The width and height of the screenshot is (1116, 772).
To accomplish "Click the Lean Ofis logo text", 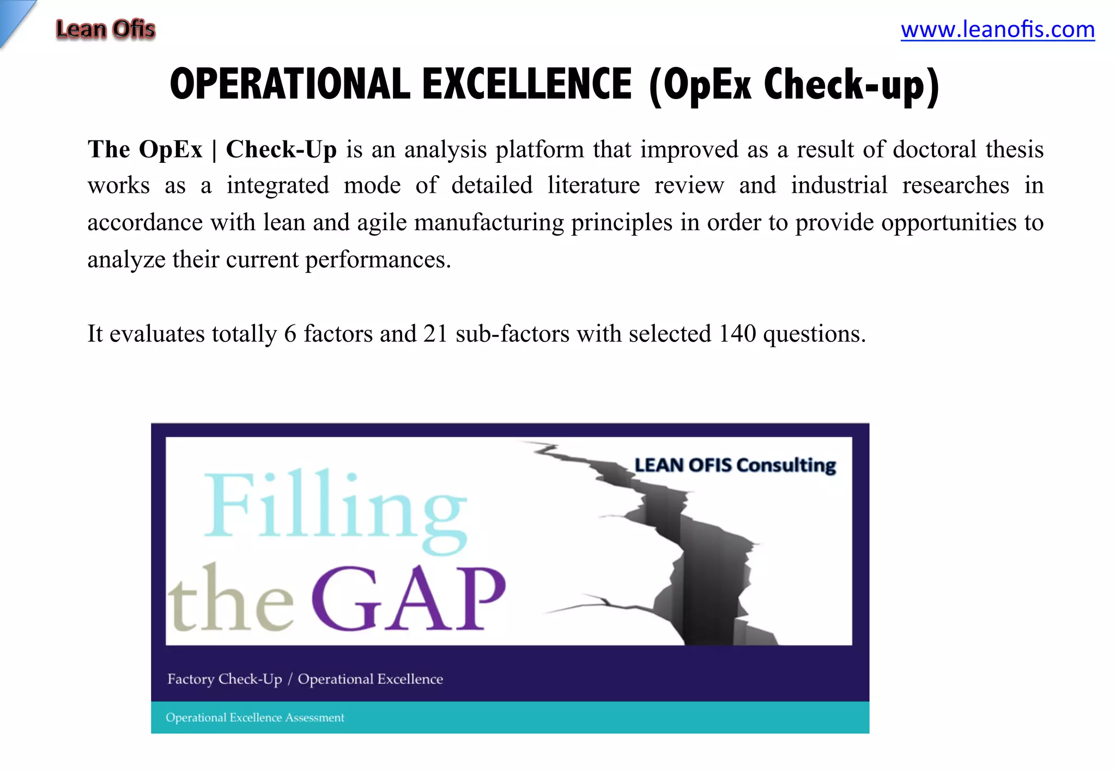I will (105, 29).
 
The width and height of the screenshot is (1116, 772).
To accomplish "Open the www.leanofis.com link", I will (997, 29).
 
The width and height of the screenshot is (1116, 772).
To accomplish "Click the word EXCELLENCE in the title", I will (527, 85).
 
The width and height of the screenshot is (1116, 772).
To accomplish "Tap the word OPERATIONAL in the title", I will (290, 85).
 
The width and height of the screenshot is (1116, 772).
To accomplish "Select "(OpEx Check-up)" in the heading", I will (794, 86).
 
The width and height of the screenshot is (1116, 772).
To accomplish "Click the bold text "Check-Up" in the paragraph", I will (281, 149).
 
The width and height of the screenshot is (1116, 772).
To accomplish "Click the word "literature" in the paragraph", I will (593, 186).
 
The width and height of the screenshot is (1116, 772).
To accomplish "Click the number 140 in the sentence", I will (737, 334).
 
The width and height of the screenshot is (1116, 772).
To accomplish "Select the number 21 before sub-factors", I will (435, 334).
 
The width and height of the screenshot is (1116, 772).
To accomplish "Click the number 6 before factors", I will (290, 334).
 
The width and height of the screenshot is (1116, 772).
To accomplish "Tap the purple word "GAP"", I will (409, 599).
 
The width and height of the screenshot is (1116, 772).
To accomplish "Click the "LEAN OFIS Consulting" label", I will (735, 465).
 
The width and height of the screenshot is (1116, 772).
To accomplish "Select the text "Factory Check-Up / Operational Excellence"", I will (305, 679).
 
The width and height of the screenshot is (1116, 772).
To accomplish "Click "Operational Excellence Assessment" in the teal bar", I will (255, 718).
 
